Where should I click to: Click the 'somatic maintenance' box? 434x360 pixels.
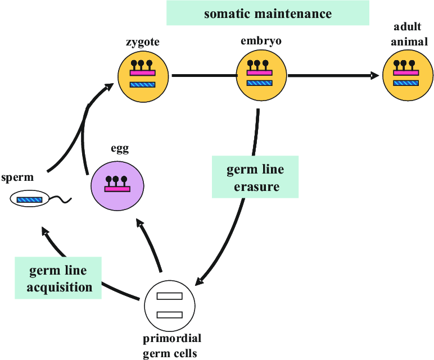268,13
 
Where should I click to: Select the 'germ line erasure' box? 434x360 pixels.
255,177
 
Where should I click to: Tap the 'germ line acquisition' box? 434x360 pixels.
58,279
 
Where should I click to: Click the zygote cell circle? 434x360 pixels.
142,76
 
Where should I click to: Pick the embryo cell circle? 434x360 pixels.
260,76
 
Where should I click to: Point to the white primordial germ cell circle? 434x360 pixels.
170,306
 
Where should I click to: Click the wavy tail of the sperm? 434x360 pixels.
62,198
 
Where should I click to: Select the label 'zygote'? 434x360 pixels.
142,43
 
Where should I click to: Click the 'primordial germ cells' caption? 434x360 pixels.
171,345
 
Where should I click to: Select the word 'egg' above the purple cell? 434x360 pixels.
119,149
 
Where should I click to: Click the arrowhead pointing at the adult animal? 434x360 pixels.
376,76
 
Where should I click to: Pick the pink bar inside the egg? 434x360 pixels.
117,189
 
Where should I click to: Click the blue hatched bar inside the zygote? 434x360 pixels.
142,85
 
